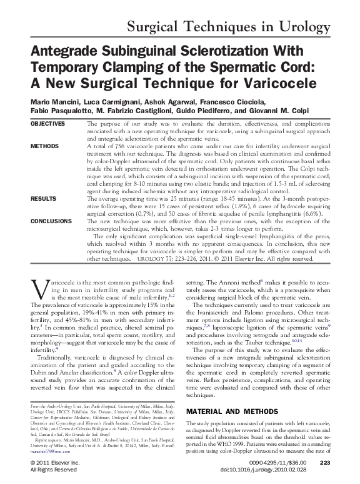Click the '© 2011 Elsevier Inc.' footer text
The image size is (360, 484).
tap(56, 462)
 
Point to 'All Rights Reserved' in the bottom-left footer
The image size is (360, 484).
tap(54, 469)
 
